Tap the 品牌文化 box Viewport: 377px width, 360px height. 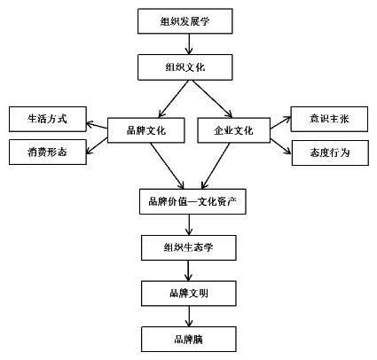tap(145, 130)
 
